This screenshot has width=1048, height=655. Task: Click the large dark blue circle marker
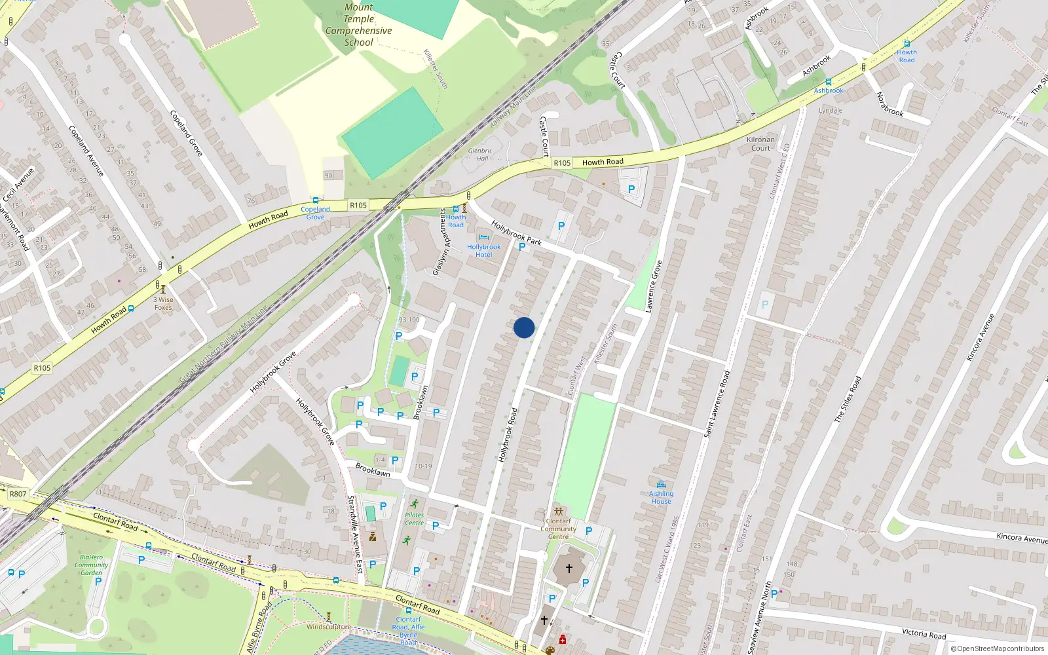pos(524,327)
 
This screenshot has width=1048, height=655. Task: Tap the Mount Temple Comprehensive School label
pos(358,25)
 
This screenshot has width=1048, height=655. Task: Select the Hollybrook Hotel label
pos(483,251)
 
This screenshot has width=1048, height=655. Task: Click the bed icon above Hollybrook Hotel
pos(483,238)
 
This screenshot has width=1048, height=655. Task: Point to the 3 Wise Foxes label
pos(163,303)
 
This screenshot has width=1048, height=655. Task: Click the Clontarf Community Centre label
pos(558,529)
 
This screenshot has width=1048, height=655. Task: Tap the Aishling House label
pos(661,497)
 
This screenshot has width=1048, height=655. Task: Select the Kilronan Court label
pos(760,143)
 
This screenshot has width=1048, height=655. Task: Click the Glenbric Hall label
pos(480,154)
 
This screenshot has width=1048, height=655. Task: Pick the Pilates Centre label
pos(414,519)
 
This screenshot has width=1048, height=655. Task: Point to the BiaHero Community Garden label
pos(91,565)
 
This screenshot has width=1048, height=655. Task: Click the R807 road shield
pos(18,494)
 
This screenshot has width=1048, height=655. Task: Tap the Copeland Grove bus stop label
pos(315,213)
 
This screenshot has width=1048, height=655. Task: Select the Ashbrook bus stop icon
pos(829,83)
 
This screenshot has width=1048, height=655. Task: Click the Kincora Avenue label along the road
pos(1021,538)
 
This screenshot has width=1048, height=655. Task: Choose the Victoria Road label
pos(924,633)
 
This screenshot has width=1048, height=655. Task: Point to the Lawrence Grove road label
pos(654,286)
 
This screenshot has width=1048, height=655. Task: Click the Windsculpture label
pos(328,626)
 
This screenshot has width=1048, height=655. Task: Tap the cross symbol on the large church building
pos(569,569)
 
